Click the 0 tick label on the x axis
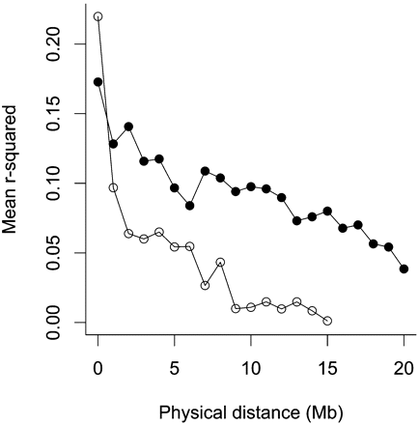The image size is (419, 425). point(98,368)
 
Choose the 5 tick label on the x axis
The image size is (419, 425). point(174,368)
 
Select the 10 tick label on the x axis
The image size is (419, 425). point(251,368)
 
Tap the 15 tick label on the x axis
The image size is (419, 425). point(327,368)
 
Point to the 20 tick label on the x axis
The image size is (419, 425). point(404,368)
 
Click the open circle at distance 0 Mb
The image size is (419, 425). point(98,16)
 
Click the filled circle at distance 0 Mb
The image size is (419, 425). point(98,82)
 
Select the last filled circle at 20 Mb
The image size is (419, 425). point(404,269)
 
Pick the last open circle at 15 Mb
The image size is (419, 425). point(327,320)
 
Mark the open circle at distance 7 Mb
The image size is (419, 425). point(205,285)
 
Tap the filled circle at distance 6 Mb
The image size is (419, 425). point(189,206)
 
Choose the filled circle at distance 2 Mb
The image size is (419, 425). point(128,127)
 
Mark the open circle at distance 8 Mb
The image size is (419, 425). point(220,262)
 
